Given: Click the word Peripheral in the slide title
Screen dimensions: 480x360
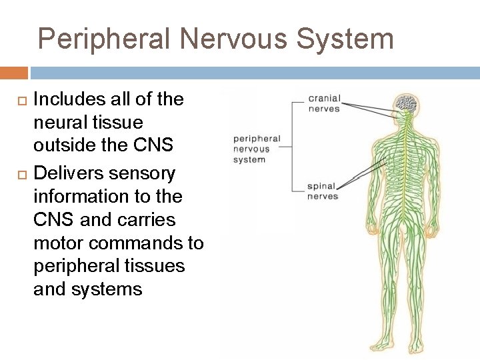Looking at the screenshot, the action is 103,39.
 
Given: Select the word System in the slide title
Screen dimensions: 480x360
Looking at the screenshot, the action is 345,39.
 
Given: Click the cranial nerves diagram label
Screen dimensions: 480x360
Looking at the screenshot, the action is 323,103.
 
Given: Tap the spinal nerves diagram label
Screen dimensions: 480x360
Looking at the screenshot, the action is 322,191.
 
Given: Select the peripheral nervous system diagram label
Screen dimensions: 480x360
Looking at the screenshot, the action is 257,149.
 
